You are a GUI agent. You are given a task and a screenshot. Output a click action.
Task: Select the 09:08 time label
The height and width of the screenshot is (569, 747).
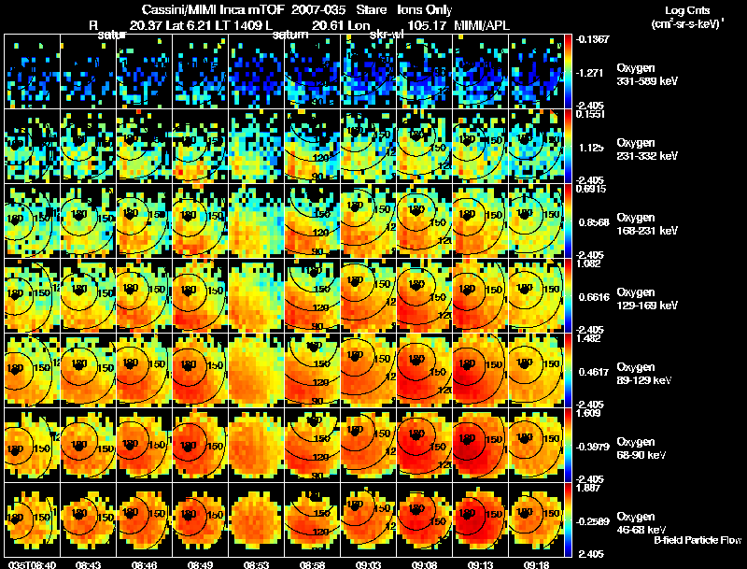424,564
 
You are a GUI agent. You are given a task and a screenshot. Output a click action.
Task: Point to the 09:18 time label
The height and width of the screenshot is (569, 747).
536,564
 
